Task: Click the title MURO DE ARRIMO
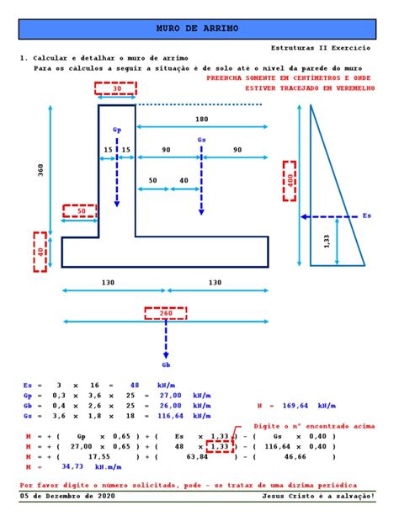coord(197,28)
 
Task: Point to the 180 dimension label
coord(201,119)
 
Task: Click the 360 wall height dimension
coord(40,170)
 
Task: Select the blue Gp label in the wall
coord(117,130)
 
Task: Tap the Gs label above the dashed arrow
coord(201,140)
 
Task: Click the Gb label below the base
coord(166,365)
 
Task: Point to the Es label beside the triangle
coord(367,215)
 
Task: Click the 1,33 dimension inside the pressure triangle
coord(327,242)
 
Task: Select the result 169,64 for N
coord(295,406)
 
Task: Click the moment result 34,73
coord(72,466)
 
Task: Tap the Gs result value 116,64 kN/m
coord(184,416)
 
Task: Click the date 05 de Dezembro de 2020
coord(67,496)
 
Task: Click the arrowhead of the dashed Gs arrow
coord(201,212)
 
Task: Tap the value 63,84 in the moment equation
coord(197,457)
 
